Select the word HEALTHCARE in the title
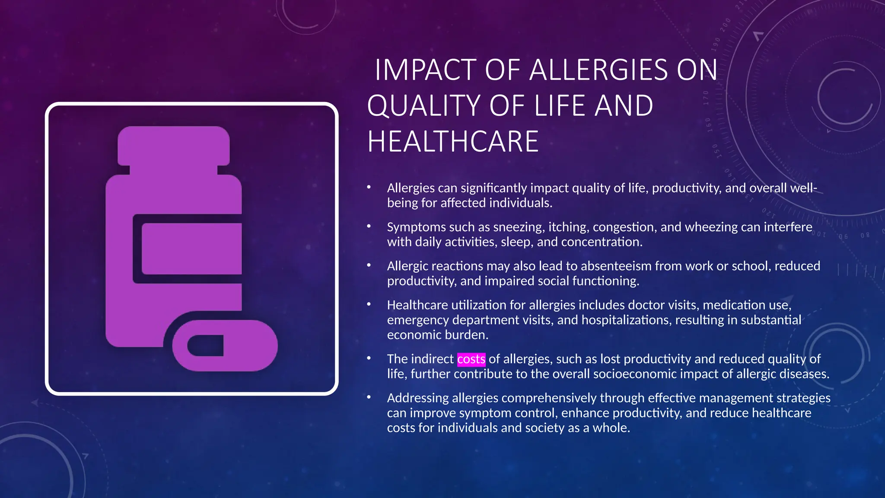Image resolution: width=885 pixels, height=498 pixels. point(453,142)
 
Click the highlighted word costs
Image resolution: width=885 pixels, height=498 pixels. point(471,359)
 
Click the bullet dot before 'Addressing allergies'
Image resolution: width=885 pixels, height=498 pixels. point(369,397)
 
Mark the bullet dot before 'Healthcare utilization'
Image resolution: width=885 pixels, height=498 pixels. point(369,304)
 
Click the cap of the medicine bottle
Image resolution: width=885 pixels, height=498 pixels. point(173,145)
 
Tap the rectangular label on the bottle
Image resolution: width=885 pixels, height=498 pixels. point(191,249)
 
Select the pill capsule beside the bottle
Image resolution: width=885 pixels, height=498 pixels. point(225,345)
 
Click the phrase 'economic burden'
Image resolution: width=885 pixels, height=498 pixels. point(437,335)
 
